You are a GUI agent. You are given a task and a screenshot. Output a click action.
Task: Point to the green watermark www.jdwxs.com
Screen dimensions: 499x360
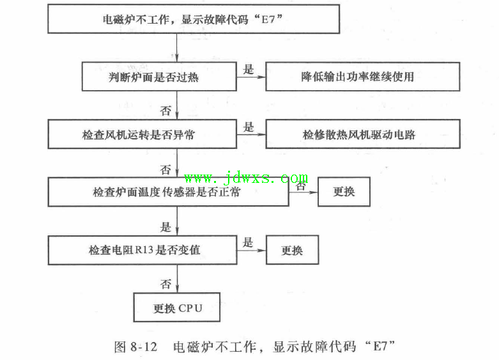coord(246,178)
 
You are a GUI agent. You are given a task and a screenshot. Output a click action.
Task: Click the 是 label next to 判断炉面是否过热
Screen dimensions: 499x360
coord(249,70)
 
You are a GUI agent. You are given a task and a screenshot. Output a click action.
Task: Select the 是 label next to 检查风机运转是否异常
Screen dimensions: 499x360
coord(249,127)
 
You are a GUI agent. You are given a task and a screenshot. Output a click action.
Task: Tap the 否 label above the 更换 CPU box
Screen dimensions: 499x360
coord(166,283)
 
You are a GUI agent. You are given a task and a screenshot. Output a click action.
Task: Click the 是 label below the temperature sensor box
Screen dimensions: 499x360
coord(166,227)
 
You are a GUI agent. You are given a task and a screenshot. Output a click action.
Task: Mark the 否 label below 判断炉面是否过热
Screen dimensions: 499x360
coord(166,111)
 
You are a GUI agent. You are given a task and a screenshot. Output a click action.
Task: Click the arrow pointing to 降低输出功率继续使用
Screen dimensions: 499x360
coord(251,77)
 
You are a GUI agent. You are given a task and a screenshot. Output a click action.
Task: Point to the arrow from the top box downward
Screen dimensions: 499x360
coord(176,48)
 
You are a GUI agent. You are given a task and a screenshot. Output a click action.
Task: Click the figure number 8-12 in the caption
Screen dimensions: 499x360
coord(144,347)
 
